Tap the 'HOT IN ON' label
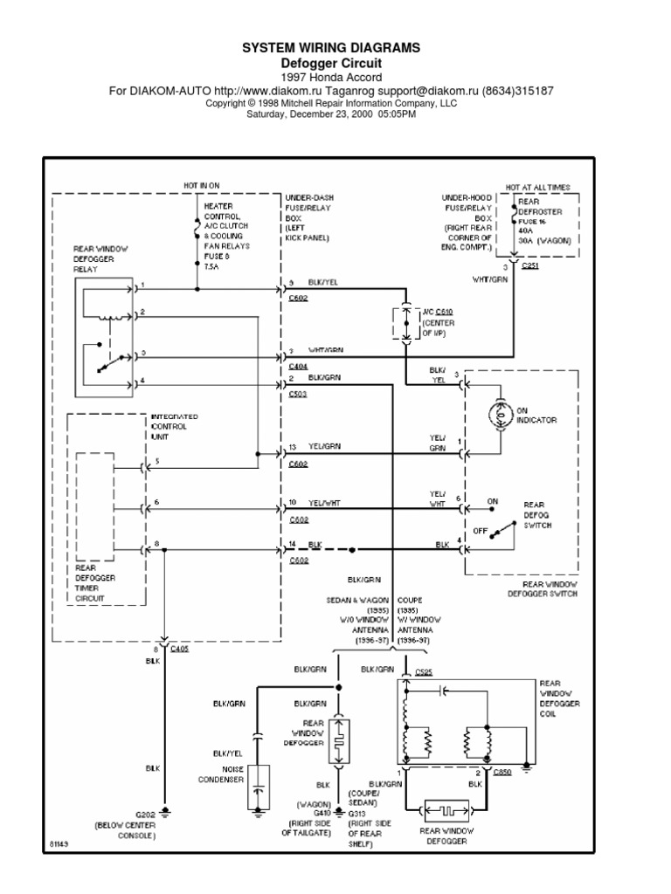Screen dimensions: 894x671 (x=202, y=186)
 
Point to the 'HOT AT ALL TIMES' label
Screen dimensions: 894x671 (x=538, y=187)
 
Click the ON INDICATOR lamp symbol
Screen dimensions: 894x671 (x=502, y=416)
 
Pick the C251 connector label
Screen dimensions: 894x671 (x=530, y=265)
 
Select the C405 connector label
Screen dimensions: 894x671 (x=180, y=649)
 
